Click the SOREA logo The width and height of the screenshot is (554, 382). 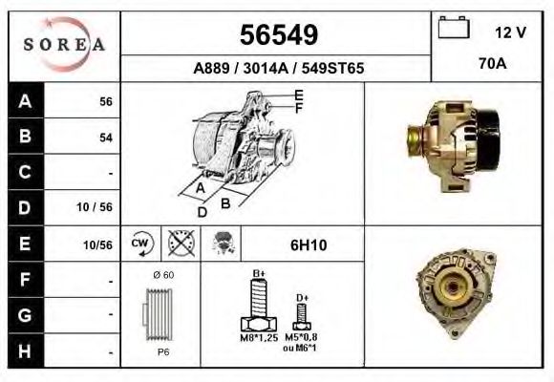(64, 45)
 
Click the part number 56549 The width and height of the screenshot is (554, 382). (277, 35)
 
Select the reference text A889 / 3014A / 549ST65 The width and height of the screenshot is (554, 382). (277, 69)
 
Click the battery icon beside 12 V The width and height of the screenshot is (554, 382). (452, 30)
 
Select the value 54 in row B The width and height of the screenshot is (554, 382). (105, 138)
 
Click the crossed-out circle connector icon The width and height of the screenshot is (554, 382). (179, 244)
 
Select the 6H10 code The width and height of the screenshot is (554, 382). (308, 244)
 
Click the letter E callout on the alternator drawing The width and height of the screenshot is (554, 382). (299, 95)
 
